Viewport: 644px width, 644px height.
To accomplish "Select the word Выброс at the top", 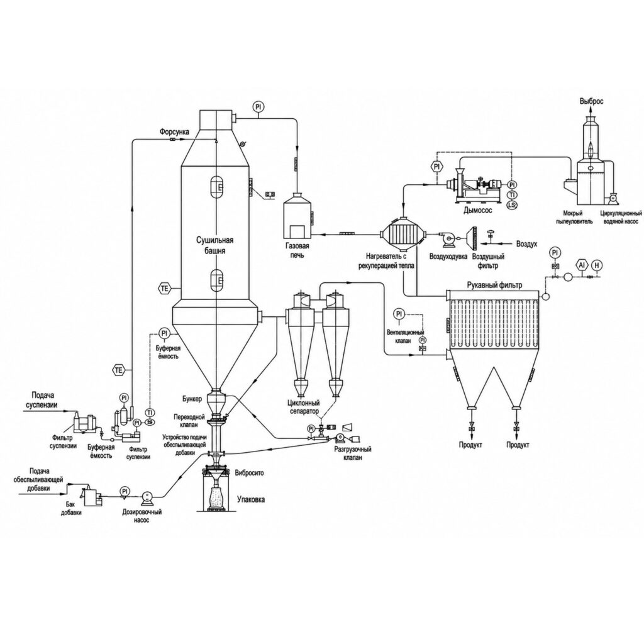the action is (x=591, y=101).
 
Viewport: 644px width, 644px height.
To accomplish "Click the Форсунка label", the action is (x=175, y=132).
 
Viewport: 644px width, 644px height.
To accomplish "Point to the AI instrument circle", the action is (x=581, y=265).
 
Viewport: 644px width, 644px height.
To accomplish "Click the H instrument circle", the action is (x=597, y=265).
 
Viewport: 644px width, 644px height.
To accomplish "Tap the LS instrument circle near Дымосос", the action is (x=512, y=204).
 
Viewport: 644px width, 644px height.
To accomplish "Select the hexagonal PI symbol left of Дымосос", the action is (x=436, y=167).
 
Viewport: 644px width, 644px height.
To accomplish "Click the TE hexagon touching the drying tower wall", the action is (x=164, y=288).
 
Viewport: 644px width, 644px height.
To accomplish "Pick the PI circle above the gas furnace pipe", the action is (x=258, y=107).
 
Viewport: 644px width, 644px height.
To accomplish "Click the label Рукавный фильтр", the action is (x=494, y=286).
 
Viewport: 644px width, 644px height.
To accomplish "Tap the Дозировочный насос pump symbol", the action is (x=147, y=498).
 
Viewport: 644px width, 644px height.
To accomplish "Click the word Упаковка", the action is (x=250, y=499).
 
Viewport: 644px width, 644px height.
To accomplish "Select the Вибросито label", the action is (x=249, y=473).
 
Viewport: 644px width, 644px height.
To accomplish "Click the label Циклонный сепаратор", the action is (x=304, y=407).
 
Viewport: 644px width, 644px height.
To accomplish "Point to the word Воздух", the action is (x=526, y=244).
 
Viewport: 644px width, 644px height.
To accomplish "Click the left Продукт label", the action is (x=470, y=445).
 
